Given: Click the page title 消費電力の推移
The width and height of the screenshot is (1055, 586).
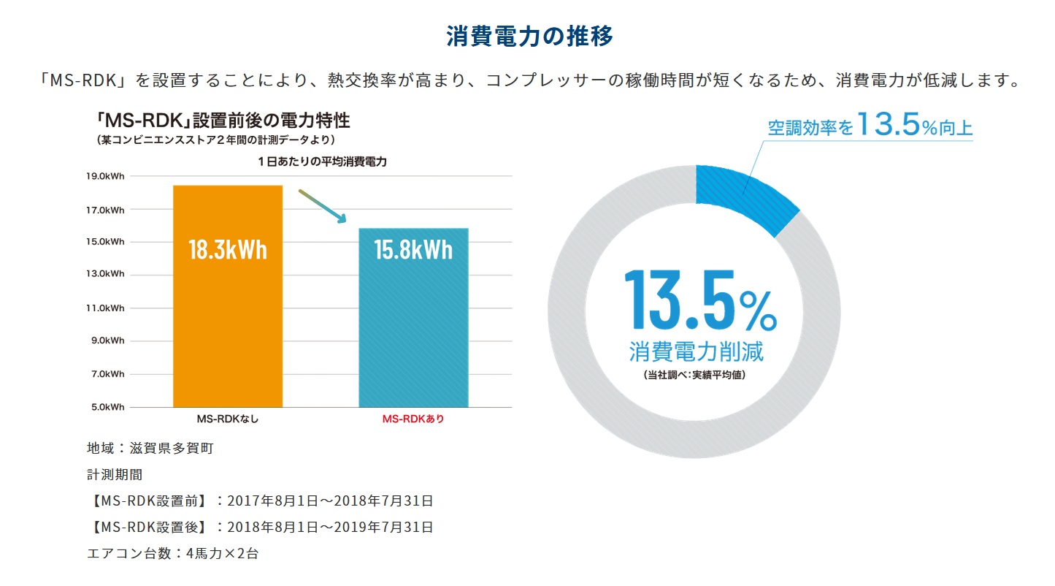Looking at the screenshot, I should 529,37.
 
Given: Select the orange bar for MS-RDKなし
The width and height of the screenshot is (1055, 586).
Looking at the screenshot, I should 227,329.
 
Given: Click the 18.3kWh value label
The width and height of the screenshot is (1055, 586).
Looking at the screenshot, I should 227,250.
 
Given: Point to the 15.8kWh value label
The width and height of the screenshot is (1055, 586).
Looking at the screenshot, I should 413,250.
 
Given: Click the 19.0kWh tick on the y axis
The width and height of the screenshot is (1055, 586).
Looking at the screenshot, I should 105,176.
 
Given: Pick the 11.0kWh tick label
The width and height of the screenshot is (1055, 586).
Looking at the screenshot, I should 105,308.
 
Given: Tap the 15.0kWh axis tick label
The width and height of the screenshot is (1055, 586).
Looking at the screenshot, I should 105,242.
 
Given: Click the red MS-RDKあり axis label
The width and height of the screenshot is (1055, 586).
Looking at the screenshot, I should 413,419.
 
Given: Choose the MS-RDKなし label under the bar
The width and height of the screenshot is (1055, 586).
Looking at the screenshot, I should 227,419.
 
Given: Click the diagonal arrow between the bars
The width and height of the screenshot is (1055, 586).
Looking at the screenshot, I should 321,206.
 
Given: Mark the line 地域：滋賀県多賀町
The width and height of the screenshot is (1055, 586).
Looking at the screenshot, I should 150,448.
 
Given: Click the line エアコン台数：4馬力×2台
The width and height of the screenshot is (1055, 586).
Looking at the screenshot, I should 172,553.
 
